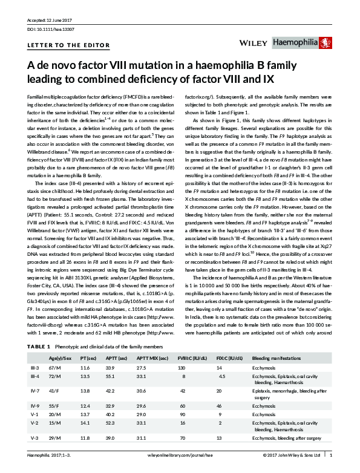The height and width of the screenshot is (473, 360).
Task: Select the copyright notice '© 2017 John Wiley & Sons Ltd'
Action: [292, 464]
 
